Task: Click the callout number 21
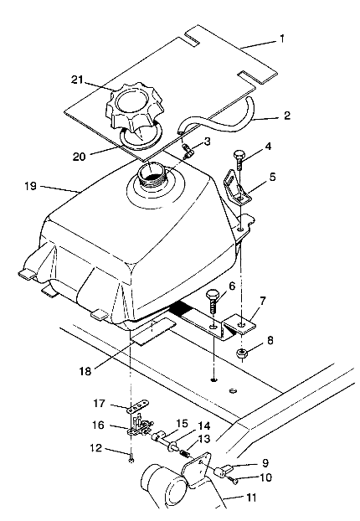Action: point(77,80)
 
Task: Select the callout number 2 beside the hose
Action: point(286,116)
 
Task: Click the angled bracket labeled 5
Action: point(238,188)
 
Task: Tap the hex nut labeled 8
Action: point(243,354)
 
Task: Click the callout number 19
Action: point(30,186)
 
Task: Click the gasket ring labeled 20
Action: point(141,137)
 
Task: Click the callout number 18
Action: point(85,371)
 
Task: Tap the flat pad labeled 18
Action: point(153,331)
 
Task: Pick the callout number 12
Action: point(96,448)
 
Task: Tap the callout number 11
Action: point(251,498)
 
